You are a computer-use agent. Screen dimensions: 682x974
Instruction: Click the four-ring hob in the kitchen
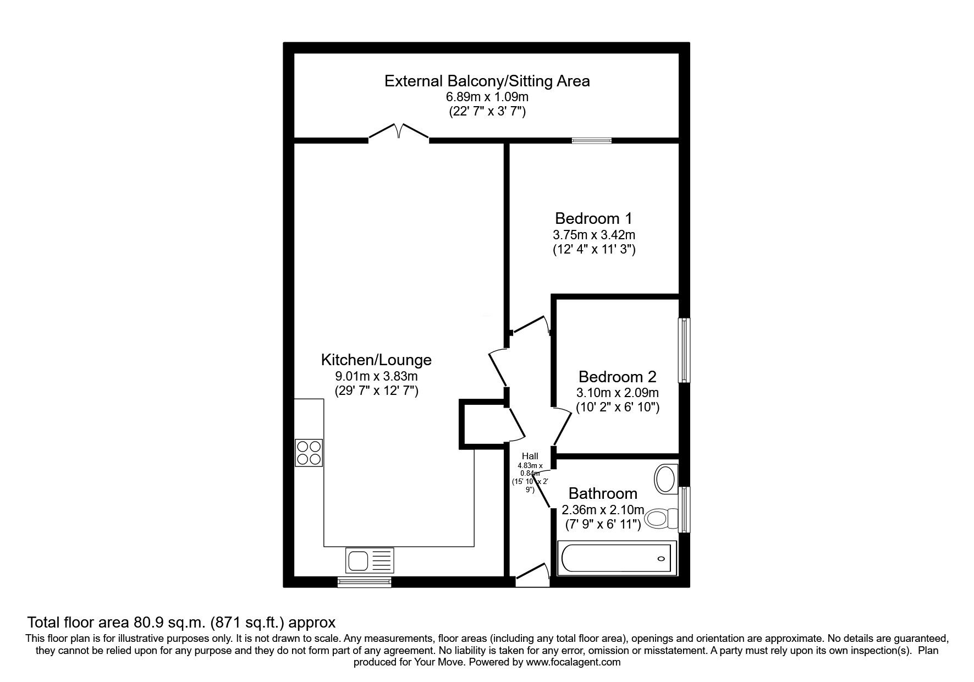point(309,453)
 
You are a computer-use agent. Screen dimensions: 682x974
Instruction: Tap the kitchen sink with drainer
point(370,560)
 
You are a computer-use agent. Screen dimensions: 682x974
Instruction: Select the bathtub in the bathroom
point(617,558)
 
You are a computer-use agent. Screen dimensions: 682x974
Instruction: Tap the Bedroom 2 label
point(617,377)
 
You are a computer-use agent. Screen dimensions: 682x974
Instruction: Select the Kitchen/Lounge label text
point(376,360)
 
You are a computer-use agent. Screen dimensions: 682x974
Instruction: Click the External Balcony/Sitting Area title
point(487,81)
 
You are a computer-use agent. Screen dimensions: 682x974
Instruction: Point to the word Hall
point(530,456)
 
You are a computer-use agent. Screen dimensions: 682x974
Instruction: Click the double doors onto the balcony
point(399,133)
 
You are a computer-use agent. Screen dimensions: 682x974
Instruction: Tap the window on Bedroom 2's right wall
point(684,350)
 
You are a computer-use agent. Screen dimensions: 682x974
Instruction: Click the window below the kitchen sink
point(365,582)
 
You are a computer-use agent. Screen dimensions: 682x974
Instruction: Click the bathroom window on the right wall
point(684,509)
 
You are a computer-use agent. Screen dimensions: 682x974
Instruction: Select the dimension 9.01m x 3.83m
point(376,377)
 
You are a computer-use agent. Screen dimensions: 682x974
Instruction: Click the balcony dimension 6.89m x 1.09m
point(487,97)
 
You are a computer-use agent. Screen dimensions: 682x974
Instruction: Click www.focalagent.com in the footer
point(573,662)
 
